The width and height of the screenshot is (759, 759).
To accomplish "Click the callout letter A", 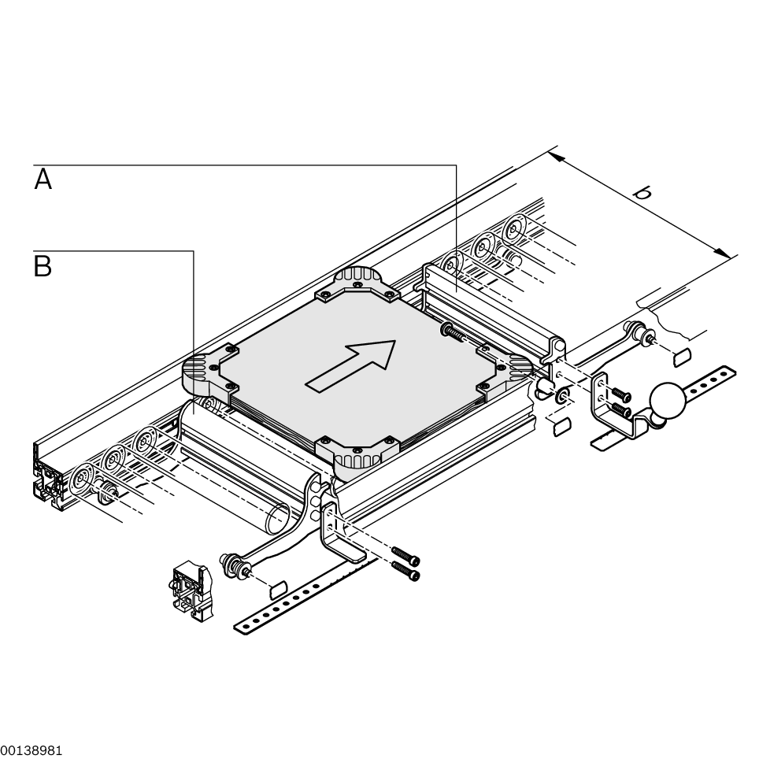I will [x=43, y=180].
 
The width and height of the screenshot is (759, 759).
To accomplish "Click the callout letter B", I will [x=43, y=266].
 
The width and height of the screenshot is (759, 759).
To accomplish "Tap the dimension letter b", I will [x=642, y=193].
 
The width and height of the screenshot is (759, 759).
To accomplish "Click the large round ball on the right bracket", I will [x=668, y=400].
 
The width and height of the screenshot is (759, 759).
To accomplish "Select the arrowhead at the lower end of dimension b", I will [x=724, y=253].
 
